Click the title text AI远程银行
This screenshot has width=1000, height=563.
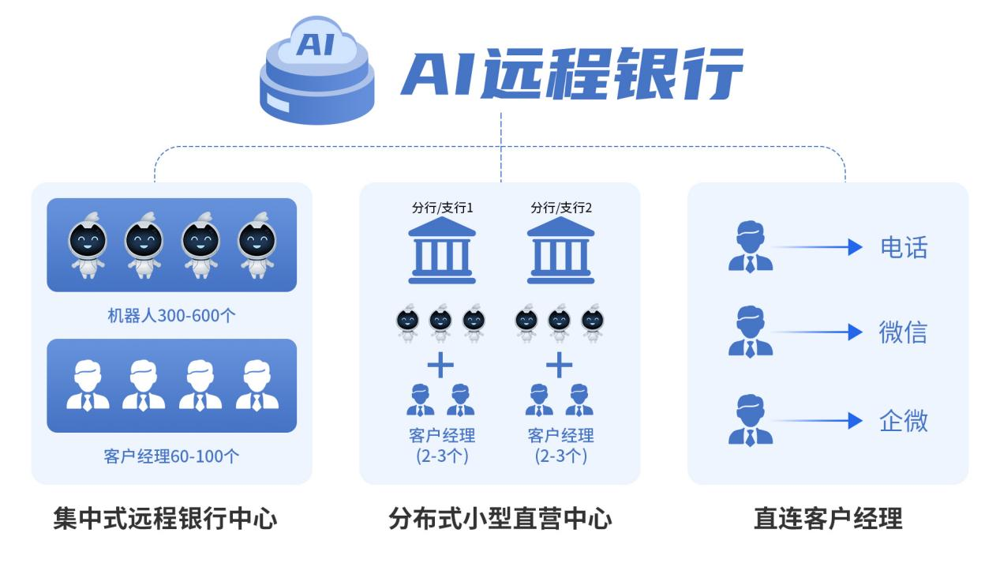(x=571, y=73)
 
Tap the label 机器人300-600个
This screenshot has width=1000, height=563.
(x=171, y=316)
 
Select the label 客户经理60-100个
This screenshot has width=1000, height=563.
(x=171, y=456)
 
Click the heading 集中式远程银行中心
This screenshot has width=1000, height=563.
(x=166, y=519)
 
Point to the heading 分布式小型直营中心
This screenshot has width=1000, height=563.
(x=500, y=519)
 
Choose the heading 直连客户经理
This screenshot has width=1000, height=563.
(x=828, y=519)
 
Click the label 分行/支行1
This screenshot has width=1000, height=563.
(x=442, y=208)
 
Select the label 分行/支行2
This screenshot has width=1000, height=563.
(x=561, y=208)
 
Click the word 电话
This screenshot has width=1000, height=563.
(x=904, y=247)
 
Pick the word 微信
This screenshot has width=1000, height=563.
(x=903, y=332)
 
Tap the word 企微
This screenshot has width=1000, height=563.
(x=903, y=421)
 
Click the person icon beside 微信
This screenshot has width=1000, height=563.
(x=750, y=332)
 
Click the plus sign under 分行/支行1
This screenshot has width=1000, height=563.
(x=440, y=365)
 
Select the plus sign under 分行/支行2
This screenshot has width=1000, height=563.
(x=559, y=365)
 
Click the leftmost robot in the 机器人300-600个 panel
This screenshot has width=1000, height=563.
(x=88, y=244)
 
